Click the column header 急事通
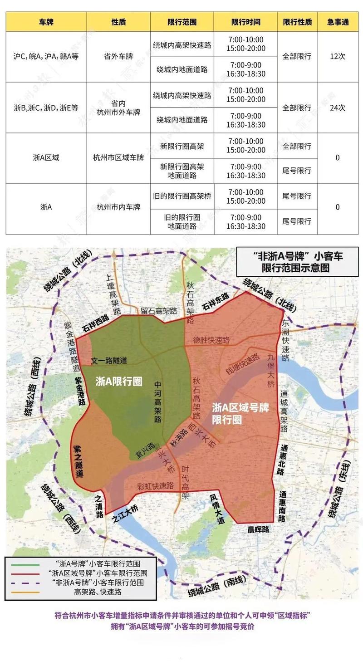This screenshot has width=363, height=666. point(338,22)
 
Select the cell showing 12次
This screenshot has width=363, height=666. point(338,57)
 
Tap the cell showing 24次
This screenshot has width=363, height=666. point(338,108)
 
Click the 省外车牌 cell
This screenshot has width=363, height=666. point(118,57)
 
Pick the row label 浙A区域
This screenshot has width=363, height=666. point(46,158)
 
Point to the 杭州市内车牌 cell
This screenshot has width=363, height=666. point(118,207)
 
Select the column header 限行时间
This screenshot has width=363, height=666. point(245,22)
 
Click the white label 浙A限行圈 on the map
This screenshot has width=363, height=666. point(119,381)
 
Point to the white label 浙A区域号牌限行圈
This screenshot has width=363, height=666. point(241,412)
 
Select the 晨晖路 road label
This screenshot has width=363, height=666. point(258,529)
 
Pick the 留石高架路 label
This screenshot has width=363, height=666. point(158,311)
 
